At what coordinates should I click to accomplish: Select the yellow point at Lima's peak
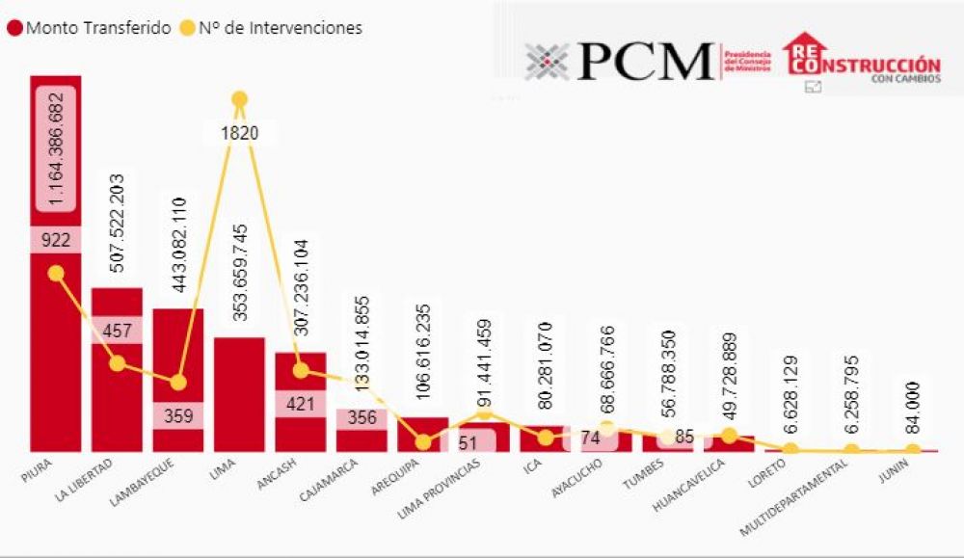point(239,99)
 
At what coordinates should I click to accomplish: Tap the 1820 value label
point(239,133)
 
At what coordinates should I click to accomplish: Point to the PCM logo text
point(646,62)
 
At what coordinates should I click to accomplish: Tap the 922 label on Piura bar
point(56,240)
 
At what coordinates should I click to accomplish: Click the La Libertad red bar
point(117,405)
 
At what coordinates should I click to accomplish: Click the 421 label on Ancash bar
point(301,404)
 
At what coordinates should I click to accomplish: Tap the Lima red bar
point(239,395)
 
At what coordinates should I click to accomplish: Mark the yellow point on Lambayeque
point(178,382)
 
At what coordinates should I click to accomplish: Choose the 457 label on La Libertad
point(117,330)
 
